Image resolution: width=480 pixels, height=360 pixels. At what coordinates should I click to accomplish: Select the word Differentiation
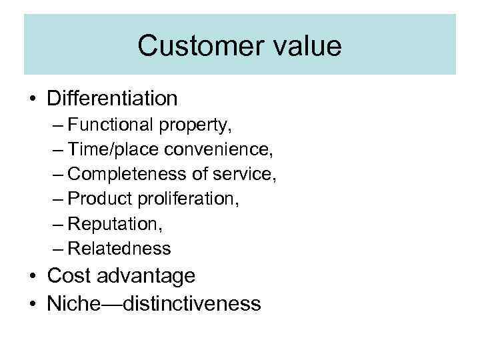(113, 99)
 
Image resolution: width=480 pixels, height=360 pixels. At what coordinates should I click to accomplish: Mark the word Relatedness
(119, 249)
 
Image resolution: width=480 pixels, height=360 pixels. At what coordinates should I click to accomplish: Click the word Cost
(66, 275)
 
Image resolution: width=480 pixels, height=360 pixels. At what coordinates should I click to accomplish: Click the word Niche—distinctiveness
(154, 304)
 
